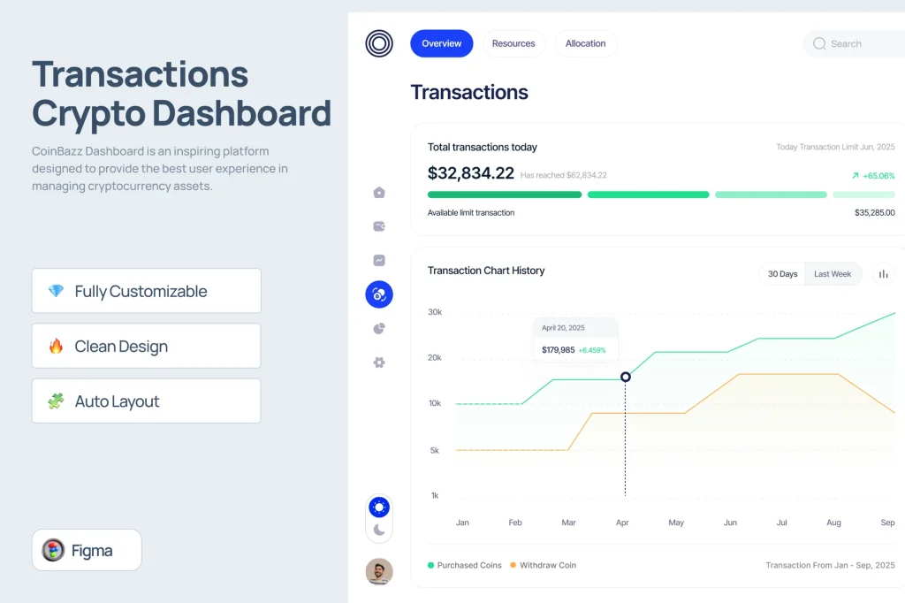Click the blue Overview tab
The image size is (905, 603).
click(442, 43)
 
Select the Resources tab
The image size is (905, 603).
click(513, 43)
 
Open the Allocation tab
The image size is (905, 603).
click(586, 43)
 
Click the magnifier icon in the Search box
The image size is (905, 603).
click(819, 44)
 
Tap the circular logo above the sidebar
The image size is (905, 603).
click(379, 43)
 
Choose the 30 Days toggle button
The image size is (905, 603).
click(783, 274)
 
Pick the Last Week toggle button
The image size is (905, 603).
click(833, 274)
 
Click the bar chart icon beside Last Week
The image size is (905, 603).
click(884, 274)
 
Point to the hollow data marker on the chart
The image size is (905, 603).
click(626, 378)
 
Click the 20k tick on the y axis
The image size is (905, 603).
click(435, 357)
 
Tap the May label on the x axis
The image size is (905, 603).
click(676, 523)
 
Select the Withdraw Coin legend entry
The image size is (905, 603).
click(543, 565)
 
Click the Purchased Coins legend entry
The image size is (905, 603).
click(465, 565)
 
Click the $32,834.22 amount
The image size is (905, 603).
click(470, 173)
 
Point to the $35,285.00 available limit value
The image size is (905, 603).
click(874, 212)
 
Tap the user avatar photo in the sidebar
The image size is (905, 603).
click(379, 571)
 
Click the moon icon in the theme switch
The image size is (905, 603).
click(379, 530)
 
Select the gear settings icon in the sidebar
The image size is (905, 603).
click(379, 363)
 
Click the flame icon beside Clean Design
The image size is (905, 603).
click(56, 346)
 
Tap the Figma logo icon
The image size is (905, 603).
click(53, 550)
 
